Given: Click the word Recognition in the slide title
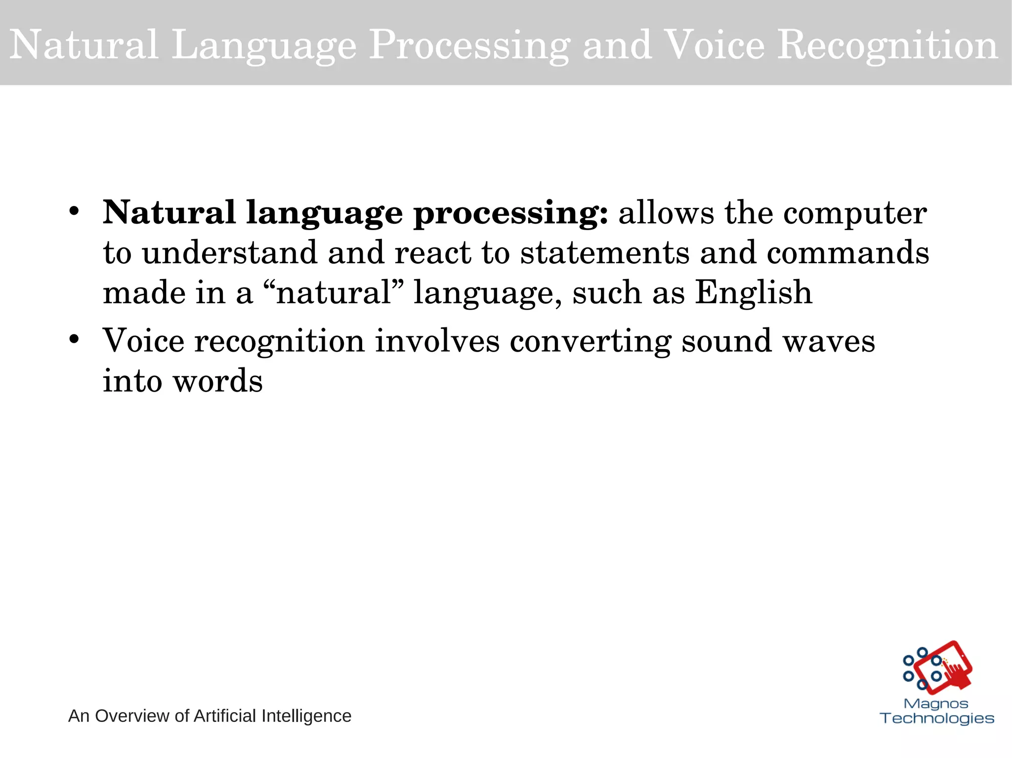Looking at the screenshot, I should (x=887, y=45).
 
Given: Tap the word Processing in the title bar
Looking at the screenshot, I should (x=469, y=45).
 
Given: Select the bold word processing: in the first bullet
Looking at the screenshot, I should (x=511, y=214).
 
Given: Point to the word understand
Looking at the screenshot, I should (x=229, y=253).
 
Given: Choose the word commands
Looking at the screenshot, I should (x=848, y=253).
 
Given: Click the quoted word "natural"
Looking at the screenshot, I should (x=335, y=292).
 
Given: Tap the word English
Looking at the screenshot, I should (x=754, y=292).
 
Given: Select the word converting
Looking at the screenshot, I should (x=590, y=342).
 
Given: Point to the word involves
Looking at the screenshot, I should (x=437, y=342).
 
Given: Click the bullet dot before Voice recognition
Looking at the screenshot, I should (x=74, y=340).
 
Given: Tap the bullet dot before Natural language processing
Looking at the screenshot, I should (x=74, y=212).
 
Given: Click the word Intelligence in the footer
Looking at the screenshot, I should (x=306, y=716).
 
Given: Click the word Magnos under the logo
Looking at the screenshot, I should (x=935, y=704).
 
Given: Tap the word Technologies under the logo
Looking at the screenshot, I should (x=937, y=718).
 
